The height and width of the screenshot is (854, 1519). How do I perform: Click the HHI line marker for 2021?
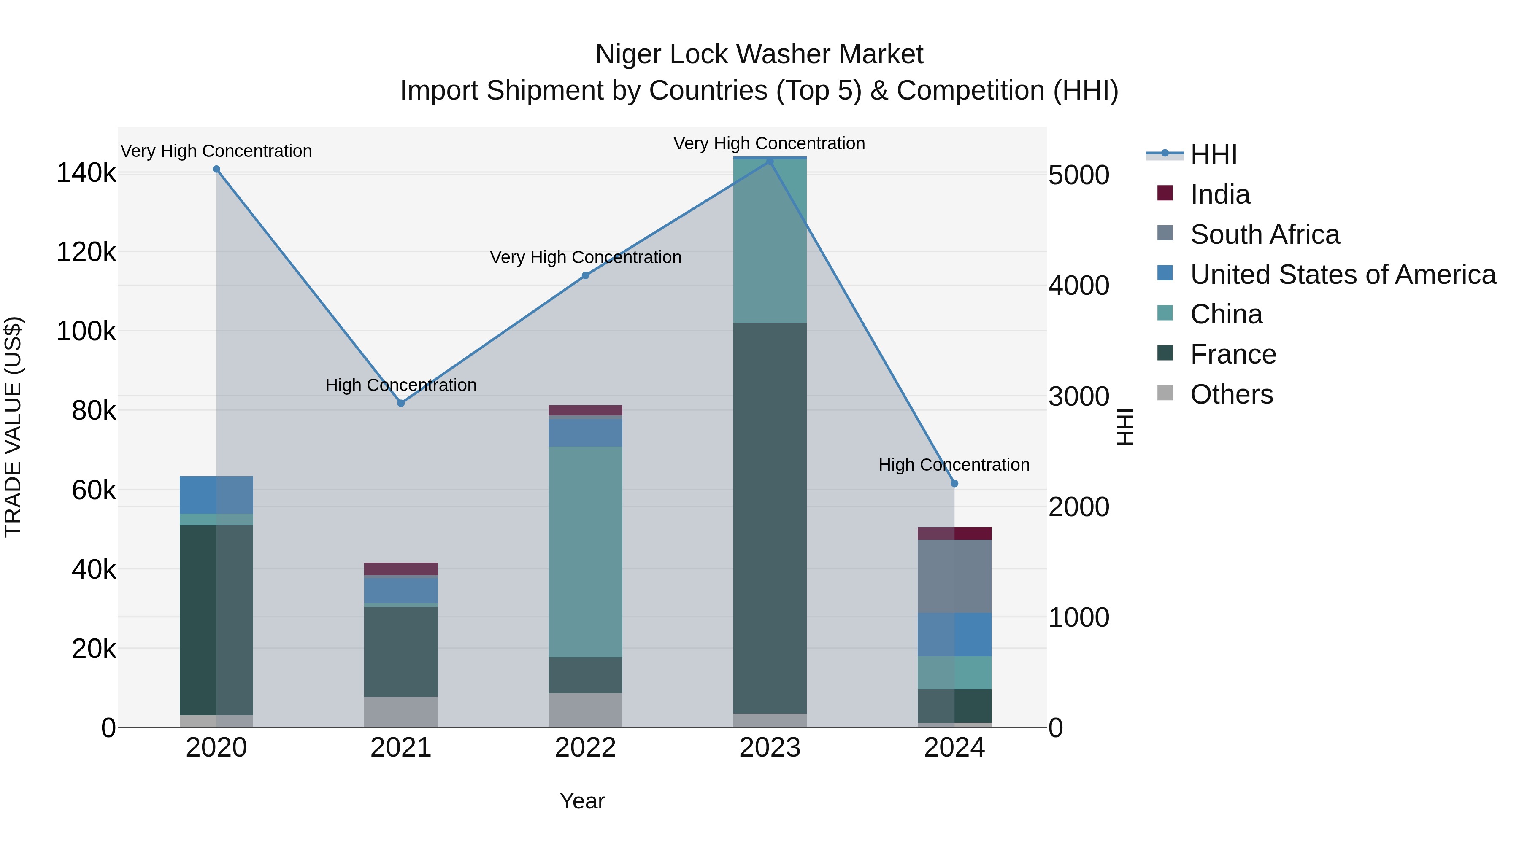[x=401, y=403]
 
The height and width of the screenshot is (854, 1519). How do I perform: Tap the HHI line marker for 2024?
[x=955, y=483]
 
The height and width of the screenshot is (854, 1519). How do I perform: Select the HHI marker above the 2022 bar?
[x=586, y=275]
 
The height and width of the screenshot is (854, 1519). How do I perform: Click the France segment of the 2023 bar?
[x=770, y=519]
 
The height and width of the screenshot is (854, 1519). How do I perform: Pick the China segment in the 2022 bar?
[x=586, y=552]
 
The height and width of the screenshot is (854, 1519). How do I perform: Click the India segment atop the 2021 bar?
[x=401, y=569]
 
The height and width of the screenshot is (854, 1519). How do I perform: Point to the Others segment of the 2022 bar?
[x=586, y=710]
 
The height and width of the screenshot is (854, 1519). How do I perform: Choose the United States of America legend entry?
[x=1342, y=275]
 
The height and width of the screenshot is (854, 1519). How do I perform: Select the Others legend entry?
[x=1231, y=394]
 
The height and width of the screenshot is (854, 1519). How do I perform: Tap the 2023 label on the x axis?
[x=770, y=748]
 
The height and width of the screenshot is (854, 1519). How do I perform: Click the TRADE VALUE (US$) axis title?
[x=13, y=427]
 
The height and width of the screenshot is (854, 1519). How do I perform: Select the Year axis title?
[x=582, y=801]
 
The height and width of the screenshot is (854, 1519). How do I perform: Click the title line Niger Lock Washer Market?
[x=759, y=54]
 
